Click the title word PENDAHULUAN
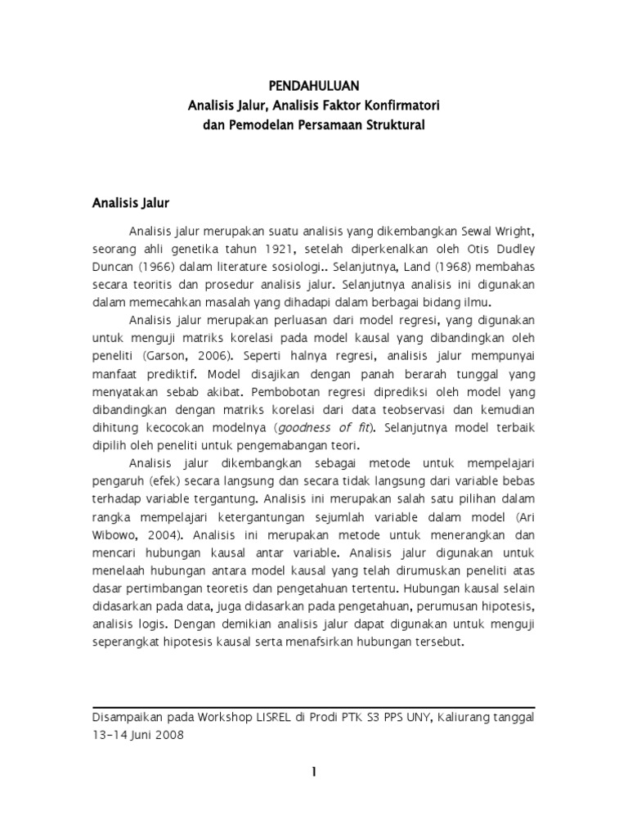click(x=314, y=86)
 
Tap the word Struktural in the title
click(x=395, y=125)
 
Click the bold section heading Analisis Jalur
click(x=129, y=200)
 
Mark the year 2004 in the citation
click(x=164, y=535)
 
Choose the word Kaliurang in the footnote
click(x=469, y=718)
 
